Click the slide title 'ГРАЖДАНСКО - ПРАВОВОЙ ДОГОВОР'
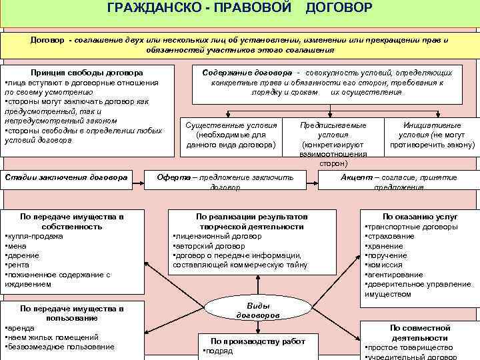239,8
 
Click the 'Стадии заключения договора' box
66,177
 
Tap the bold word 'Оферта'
174,177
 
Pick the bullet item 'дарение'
24,255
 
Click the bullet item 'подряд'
219,351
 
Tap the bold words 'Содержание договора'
243,72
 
